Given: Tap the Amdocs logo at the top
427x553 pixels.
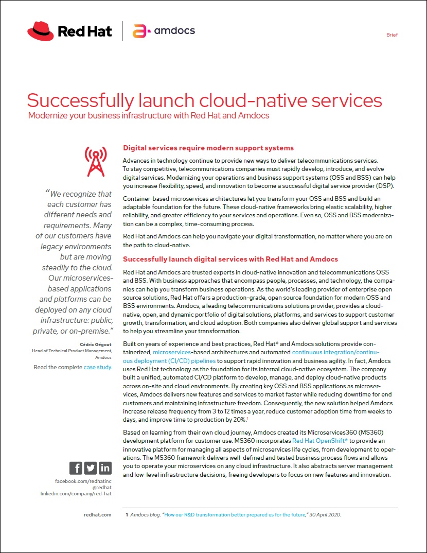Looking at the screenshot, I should point(164,31).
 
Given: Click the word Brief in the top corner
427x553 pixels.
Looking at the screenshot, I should point(392,35).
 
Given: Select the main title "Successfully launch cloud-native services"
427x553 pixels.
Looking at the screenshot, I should point(204,100).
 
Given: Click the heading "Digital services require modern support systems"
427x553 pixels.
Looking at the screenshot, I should point(208,148).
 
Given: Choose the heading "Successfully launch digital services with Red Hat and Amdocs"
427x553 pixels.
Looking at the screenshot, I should point(230,259).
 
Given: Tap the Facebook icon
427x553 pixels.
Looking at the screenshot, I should point(76,468).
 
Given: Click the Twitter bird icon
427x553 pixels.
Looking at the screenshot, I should point(90,468).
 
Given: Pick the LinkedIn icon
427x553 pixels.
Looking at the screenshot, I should point(105,468).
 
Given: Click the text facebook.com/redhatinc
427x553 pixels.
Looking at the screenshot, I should point(83,481).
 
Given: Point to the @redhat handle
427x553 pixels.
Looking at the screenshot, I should point(101,487).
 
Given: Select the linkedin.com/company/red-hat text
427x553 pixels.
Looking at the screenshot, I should point(76,493).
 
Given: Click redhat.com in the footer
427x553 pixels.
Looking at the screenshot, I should point(97,514).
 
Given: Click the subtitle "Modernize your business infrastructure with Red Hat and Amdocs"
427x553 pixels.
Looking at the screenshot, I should point(149,115).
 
